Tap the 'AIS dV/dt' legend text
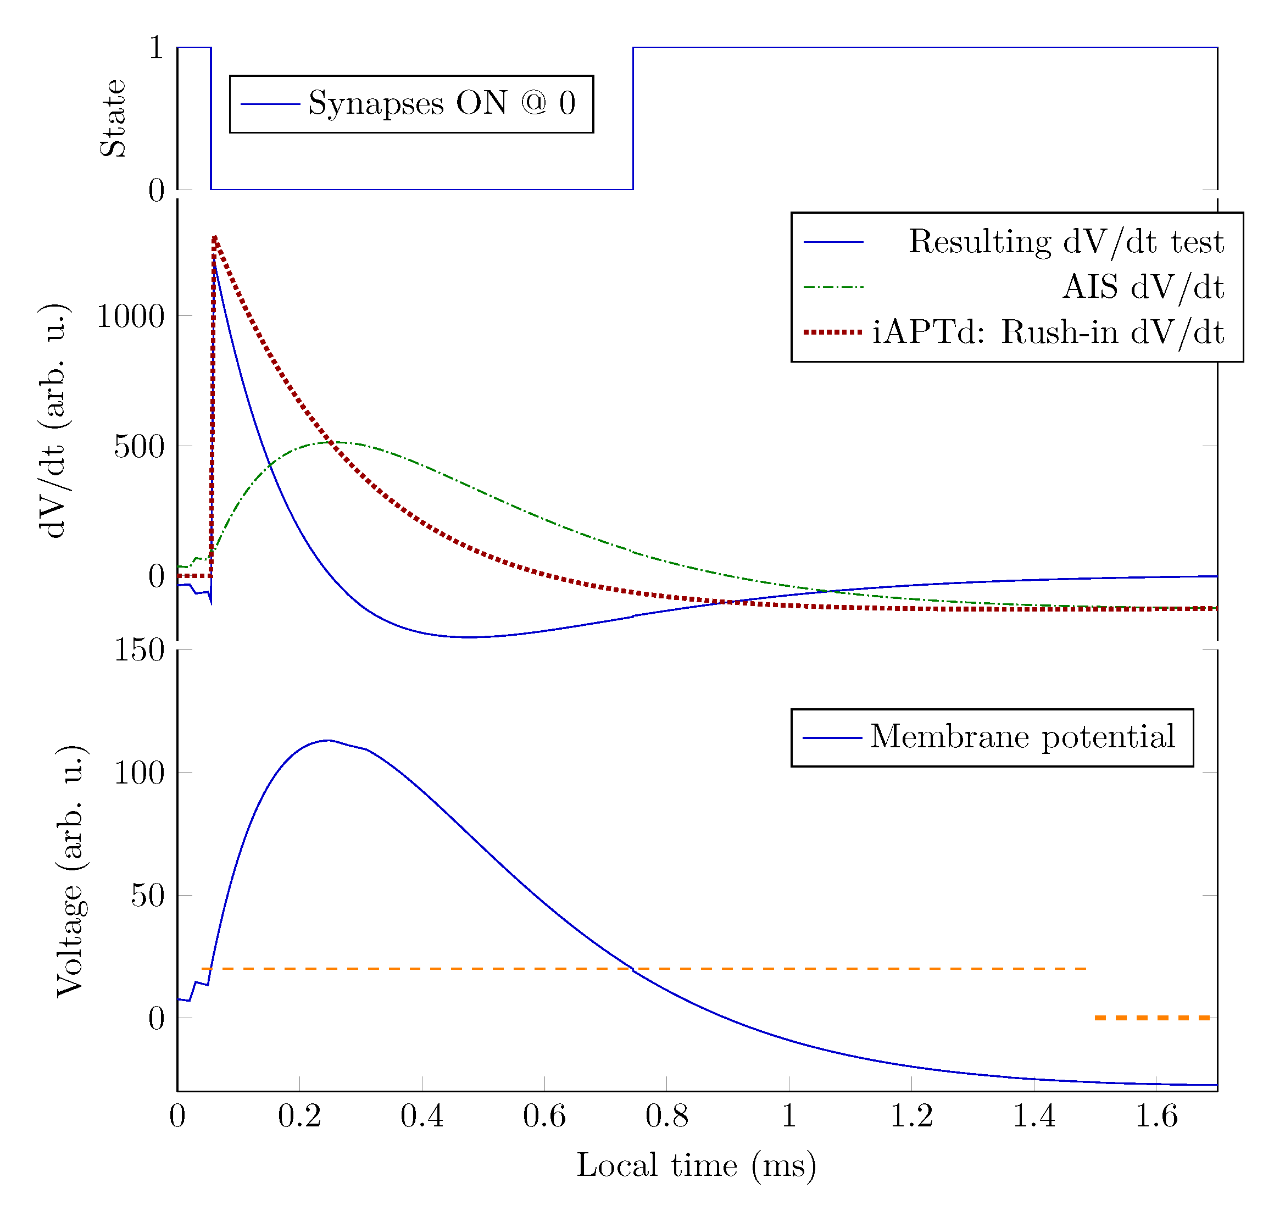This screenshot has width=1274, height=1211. point(1142,287)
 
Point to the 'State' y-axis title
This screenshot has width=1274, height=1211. point(113,118)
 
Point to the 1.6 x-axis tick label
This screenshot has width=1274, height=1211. point(1155,1116)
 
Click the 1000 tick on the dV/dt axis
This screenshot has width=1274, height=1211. point(131,316)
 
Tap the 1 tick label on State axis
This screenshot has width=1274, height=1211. point(155,47)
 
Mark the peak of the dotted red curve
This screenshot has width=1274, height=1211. point(214,237)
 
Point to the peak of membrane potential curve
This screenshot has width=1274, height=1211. point(328,741)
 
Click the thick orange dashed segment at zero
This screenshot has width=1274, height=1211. point(1151,1018)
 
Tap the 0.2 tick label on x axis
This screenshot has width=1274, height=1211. point(299,1116)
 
